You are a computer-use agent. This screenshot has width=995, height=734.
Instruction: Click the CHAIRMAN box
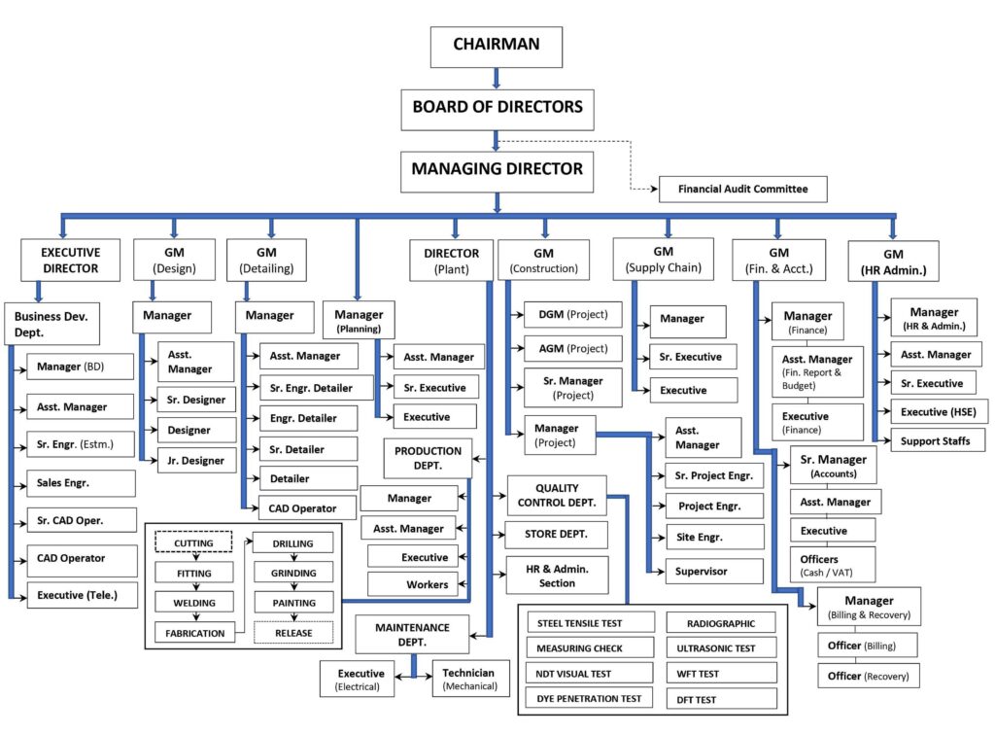click(x=497, y=47)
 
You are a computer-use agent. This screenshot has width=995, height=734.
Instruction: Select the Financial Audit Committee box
click(x=743, y=190)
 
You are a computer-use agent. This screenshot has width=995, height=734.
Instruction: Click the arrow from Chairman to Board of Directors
click(x=497, y=79)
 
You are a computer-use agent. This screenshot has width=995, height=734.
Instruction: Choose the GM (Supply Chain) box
click(x=663, y=259)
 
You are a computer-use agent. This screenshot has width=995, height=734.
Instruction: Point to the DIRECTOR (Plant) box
click(x=451, y=261)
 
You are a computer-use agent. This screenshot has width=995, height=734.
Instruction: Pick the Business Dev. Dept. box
click(x=52, y=324)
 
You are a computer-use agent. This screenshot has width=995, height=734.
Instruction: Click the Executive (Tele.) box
click(x=82, y=595)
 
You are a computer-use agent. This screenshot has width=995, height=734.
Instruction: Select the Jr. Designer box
click(x=196, y=461)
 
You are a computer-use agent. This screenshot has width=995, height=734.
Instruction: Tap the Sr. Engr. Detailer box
click(x=317, y=388)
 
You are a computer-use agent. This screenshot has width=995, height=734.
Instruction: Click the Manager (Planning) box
click(x=359, y=320)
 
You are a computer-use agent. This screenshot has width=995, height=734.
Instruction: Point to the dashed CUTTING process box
click(x=193, y=542)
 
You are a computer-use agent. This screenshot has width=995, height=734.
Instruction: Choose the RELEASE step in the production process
click(x=293, y=633)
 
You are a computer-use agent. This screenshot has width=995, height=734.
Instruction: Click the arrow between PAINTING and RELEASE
click(x=293, y=616)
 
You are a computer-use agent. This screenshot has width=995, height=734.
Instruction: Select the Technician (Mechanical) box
click(x=471, y=679)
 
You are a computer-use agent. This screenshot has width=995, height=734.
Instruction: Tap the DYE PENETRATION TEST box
click(x=590, y=698)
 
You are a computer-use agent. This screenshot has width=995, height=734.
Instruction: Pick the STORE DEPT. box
click(x=556, y=535)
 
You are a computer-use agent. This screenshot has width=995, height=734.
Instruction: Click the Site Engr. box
click(x=714, y=538)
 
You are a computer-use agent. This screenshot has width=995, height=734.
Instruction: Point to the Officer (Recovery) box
click(x=868, y=676)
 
